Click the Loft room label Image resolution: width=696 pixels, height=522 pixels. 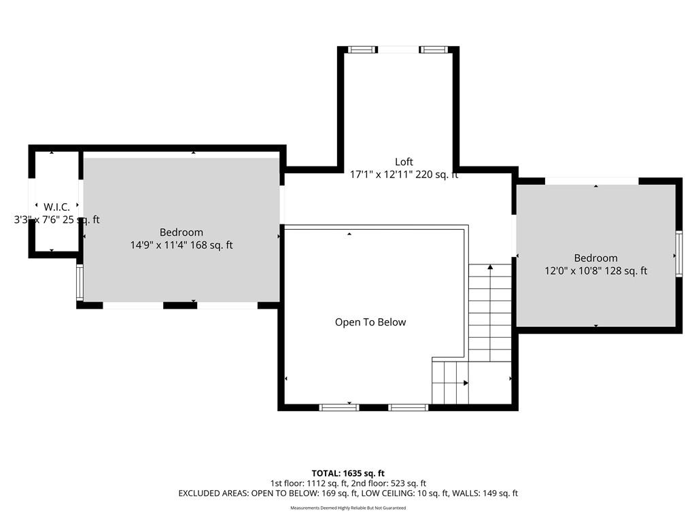[404, 162]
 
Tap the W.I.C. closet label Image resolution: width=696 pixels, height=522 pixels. [57, 207]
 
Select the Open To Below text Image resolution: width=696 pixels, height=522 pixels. [370, 322]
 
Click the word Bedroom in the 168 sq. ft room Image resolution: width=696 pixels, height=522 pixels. [181, 232]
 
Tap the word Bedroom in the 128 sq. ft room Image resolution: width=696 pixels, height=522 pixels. [595, 258]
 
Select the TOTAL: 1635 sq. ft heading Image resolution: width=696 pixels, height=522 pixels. [348, 473]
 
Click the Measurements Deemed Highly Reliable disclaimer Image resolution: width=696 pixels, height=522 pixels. [348, 508]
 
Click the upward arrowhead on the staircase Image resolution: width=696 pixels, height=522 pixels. [490, 267]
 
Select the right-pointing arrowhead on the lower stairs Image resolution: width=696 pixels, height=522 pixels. [466, 383]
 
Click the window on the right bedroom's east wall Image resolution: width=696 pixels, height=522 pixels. [679, 254]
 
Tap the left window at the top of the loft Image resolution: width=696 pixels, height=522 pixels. [362, 49]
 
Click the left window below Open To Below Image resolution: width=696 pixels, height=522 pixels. [339, 407]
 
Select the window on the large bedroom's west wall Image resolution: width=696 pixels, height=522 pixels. [80, 282]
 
